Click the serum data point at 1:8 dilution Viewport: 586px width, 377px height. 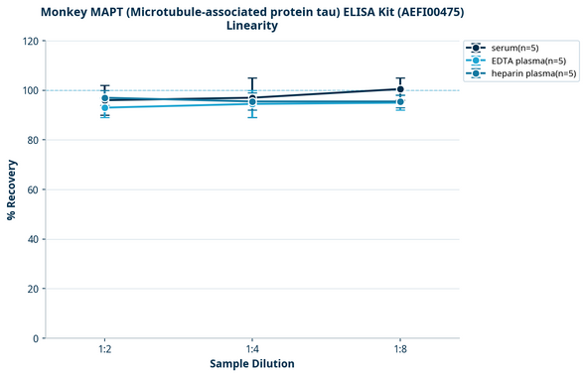click(400, 89)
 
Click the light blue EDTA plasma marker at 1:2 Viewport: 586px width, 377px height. click(105, 107)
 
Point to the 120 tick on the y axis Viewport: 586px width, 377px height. click(30, 41)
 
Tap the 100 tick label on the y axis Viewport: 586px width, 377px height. click(30, 90)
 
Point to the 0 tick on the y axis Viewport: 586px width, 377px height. click(36, 338)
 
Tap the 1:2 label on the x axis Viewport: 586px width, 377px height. click(105, 350)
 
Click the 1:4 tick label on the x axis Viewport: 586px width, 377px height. click(252, 350)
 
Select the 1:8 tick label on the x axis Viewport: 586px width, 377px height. click(400, 350)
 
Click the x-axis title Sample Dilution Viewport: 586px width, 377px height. click(252, 364)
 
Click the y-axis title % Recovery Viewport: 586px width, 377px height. click(12, 189)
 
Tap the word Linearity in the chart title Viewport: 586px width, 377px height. click(252, 26)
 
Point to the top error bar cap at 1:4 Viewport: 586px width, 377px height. click(252, 78)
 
